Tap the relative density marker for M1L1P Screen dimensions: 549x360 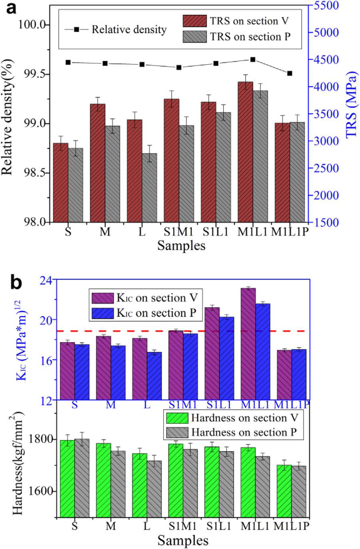pyautogui.click(x=289, y=73)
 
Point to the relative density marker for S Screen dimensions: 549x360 pyautogui.click(x=68, y=62)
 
